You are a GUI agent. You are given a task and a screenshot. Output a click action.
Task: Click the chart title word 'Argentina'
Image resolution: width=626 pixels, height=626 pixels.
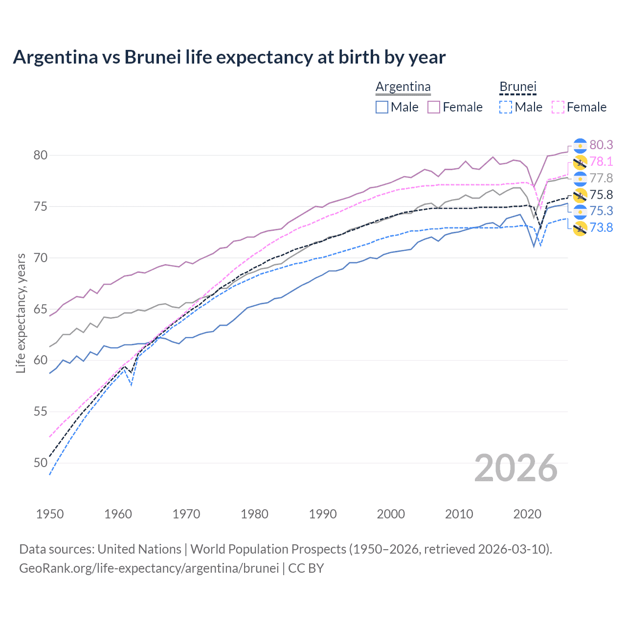[55, 57]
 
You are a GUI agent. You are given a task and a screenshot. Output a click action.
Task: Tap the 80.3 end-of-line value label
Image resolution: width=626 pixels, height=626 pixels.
[601, 145]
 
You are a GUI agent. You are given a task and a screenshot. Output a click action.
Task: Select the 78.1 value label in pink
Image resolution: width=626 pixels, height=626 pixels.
[601, 161]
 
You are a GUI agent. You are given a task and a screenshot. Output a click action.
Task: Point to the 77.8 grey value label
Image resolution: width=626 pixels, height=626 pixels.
[601, 178]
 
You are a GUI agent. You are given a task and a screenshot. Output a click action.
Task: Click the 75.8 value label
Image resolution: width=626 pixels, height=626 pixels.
[601, 195]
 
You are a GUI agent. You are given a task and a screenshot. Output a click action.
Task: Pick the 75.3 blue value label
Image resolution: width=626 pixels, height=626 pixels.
[601, 211]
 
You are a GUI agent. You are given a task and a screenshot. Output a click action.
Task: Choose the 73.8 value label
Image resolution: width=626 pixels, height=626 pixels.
[601, 227]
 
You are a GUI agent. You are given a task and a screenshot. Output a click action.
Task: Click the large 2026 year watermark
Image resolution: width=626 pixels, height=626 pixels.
[515, 468]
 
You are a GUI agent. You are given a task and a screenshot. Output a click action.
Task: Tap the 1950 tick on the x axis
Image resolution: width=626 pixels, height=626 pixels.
[50, 514]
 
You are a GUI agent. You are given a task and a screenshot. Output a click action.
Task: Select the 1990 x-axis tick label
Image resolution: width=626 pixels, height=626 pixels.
[323, 514]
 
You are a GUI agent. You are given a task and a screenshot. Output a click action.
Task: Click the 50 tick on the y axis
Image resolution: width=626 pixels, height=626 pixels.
[40, 463]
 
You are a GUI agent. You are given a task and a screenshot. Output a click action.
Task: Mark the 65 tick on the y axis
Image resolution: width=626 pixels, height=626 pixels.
[40, 309]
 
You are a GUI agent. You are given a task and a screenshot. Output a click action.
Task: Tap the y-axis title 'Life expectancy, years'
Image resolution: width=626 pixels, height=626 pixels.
[21, 313]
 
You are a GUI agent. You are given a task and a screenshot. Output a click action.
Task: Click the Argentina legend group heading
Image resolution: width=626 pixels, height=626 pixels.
[403, 87]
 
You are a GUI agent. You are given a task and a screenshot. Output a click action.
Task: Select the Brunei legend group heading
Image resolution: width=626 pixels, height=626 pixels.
[518, 87]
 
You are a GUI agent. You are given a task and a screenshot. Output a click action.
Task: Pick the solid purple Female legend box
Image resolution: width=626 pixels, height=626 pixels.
[434, 107]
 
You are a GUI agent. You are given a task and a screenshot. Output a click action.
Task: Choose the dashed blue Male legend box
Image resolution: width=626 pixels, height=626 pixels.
[506, 107]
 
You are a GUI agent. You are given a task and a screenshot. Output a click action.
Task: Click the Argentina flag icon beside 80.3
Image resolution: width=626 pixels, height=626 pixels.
[580, 145]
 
